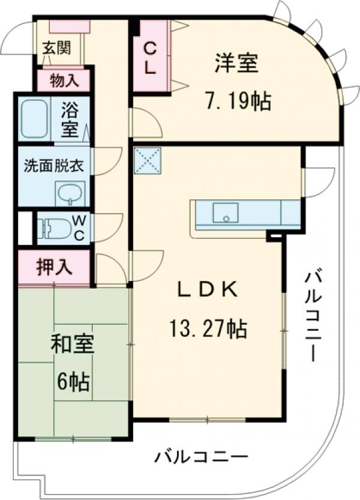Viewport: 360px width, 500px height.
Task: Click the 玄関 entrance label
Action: tap(56, 48)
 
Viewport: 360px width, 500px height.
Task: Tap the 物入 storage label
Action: tap(63, 79)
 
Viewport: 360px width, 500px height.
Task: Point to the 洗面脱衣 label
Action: tap(53, 166)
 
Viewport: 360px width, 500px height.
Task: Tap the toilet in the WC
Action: tap(53, 229)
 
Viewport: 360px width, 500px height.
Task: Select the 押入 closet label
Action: tap(53, 268)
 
